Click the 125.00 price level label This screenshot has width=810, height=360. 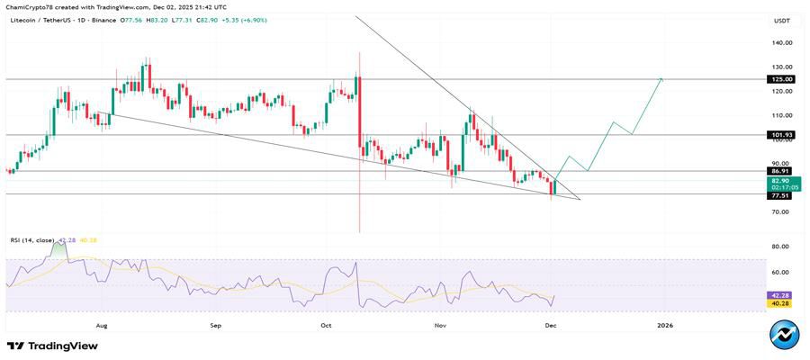coord(780,79)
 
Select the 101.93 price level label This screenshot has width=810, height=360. coord(780,135)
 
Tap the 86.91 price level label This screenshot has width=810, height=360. coord(780,171)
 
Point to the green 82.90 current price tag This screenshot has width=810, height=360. coord(780,182)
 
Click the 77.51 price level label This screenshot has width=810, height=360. coord(780,194)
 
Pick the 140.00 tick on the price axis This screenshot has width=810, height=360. coord(780,42)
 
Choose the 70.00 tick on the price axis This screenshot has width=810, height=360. coord(780,212)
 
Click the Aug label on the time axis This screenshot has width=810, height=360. coord(102,324)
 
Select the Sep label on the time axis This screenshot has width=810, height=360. coord(215,324)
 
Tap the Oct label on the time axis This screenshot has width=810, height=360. coord(327,324)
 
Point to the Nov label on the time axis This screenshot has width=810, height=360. coord(440,324)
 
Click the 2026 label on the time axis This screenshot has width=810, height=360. coord(665,324)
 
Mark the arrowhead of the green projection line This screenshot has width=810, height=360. coord(661,79)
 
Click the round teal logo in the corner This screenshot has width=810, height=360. coord(785,334)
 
